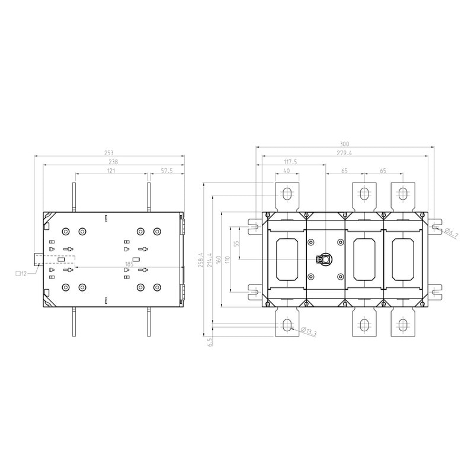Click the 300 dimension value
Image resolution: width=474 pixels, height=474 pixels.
pyautogui.click(x=344, y=144)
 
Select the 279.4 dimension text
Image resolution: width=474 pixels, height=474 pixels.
pyautogui.click(x=344, y=153)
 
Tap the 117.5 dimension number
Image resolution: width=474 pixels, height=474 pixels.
pyautogui.click(x=290, y=162)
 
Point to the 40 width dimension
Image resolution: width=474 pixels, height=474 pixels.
pyautogui.click(x=287, y=171)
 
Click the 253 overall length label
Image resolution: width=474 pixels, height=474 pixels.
pyautogui.click(x=108, y=153)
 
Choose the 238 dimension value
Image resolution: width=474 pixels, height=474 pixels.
pyautogui.click(x=113, y=162)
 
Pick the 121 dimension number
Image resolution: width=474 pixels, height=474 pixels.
pyautogui.click(x=111, y=171)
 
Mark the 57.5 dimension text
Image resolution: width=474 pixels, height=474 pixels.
pyautogui.click(x=166, y=171)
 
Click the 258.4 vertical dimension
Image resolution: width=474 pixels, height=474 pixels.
pyautogui.click(x=201, y=261)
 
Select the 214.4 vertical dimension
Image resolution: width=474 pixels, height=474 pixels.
pyautogui.click(x=210, y=260)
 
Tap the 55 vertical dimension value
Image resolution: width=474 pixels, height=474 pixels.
pyautogui.click(x=237, y=243)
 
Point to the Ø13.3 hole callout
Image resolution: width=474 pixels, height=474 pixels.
pyautogui.click(x=309, y=331)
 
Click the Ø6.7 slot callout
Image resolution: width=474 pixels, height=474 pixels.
pyautogui.click(x=451, y=233)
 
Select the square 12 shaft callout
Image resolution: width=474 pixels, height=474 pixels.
pyautogui.click(x=21, y=274)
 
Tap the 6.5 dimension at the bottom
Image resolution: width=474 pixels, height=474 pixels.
pyautogui.click(x=210, y=342)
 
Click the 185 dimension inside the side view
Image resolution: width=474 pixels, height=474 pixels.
pyautogui.click(x=129, y=264)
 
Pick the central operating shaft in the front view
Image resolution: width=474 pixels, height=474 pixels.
pyautogui.click(x=326, y=259)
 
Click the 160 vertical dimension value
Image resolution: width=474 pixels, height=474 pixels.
pyautogui.click(x=219, y=260)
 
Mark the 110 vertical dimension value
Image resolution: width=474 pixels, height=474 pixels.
pyautogui.click(x=228, y=260)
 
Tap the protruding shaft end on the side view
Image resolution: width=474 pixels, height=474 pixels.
pyautogui.click(x=39, y=260)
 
